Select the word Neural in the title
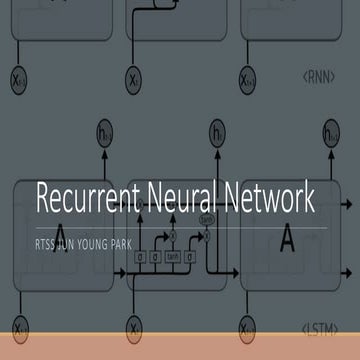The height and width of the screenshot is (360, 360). [x=177, y=199]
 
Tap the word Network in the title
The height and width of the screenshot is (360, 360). [x=263, y=199]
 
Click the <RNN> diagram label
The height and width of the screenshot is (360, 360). [x=318, y=76]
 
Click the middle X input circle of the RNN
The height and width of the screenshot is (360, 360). [x=134, y=76]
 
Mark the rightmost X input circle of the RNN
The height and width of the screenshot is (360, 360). [x=247, y=76]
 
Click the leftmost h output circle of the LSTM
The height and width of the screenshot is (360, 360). [x=104, y=132]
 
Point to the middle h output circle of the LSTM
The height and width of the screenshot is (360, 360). [x=217, y=132]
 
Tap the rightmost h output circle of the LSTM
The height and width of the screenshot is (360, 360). [x=331, y=132]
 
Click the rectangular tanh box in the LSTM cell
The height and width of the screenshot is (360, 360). [x=172, y=256]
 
